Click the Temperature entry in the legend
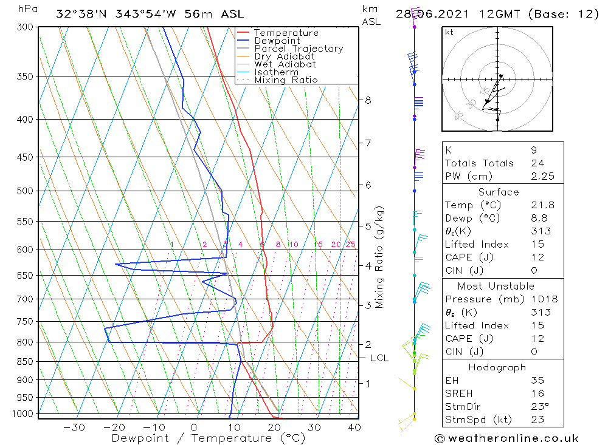coord(286,33)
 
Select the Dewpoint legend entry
coord(277,41)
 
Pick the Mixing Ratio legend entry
coord(286,80)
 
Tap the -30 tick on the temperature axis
coord(74,427)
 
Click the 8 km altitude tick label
coord(368,100)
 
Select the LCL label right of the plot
coord(379,358)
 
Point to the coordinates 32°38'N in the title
coord(80,14)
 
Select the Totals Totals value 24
coord(537,163)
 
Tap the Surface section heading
coord(499,192)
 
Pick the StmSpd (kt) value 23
coord(537,420)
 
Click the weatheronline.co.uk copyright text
coord(507,438)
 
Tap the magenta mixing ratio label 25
coord(350,245)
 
